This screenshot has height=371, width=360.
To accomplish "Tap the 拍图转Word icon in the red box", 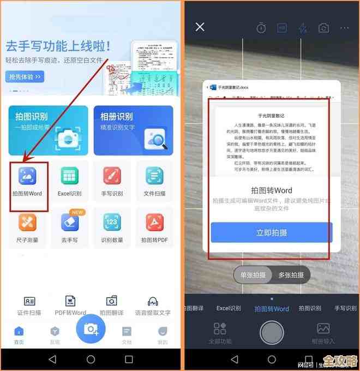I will [x=27, y=176].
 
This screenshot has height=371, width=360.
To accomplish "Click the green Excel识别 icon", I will [x=69, y=176].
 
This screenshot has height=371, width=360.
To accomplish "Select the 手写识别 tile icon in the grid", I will [x=112, y=176].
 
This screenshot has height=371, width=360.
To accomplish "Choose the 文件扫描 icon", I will [x=154, y=176].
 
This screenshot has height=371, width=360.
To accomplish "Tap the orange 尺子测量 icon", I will [x=27, y=222].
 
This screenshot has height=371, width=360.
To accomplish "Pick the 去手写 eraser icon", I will [x=69, y=222].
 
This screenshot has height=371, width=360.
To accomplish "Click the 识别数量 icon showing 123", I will [x=112, y=222].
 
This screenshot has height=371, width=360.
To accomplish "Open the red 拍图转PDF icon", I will [x=154, y=222].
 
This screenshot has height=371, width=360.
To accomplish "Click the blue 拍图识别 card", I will [x=48, y=130].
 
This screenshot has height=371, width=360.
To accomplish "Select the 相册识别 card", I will [x=133, y=130].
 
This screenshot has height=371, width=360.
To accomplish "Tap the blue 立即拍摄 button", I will [x=272, y=232].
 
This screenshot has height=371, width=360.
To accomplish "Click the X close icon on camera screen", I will [x=200, y=27].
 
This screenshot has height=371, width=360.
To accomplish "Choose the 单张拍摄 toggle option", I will [x=253, y=275].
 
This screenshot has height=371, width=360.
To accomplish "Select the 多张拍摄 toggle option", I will [x=291, y=275].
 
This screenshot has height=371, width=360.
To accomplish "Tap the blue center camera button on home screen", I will [x=91, y=328].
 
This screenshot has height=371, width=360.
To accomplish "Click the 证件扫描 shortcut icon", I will [x=29, y=301].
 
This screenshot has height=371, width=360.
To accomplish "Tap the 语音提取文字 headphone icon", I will [x=153, y=301].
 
